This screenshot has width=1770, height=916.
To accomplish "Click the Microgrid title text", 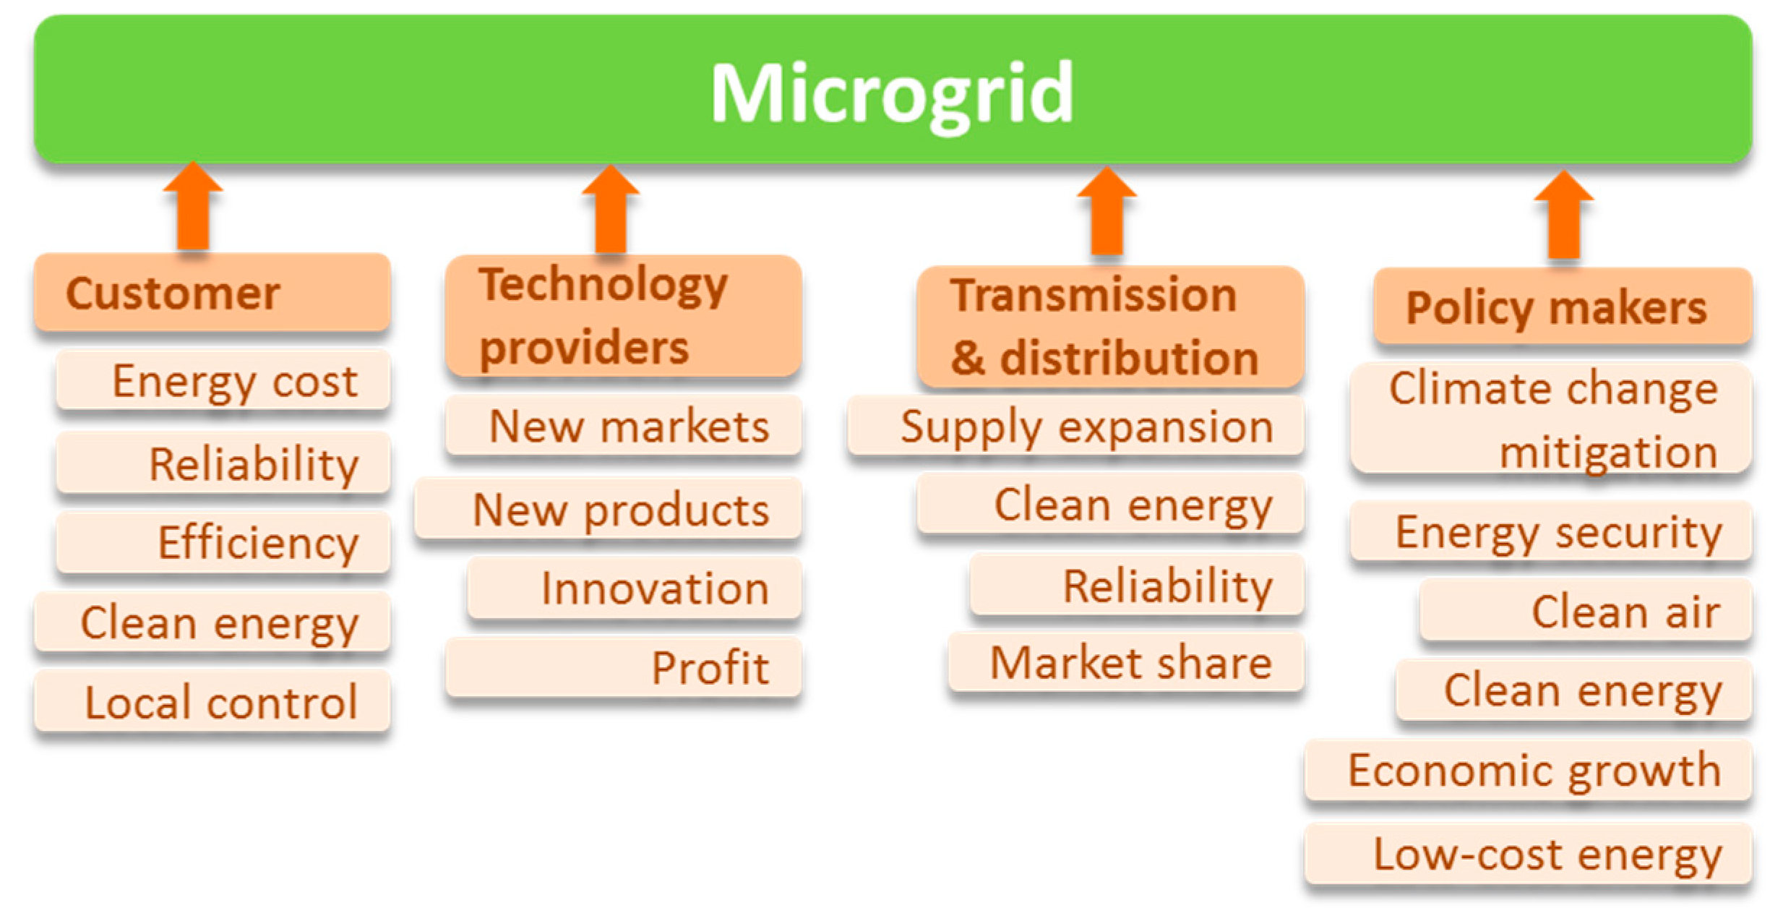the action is pos(892,94).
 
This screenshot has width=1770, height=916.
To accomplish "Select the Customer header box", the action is pos(212,292).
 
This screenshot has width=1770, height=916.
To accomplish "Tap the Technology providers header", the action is pos(624,316).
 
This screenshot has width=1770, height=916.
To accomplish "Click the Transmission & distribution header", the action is pos(1111,327).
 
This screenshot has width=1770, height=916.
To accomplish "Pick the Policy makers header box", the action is pos(1563,307).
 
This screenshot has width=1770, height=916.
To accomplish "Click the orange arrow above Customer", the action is pos(193,206).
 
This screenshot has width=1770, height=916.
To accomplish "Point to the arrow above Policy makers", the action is pos(1565,215).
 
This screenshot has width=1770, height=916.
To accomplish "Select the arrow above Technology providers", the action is pos(611,210).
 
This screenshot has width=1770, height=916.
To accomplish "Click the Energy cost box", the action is pos(223,380).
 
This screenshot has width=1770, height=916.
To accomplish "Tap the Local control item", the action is pos(212,701).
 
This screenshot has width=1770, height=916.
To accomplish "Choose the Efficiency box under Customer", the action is pos(223,542).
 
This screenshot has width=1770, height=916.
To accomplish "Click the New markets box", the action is pos(624,425).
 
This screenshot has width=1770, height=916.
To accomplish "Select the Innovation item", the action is pos(635,588).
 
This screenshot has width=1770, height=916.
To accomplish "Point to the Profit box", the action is pos(624,667).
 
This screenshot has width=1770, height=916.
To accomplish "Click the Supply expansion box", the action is pos(1076,426).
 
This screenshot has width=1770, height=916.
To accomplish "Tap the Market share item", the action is pos(1127,662).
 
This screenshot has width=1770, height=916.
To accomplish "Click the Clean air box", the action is pos(1586,611).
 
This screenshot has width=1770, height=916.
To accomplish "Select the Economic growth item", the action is pos(1529,770).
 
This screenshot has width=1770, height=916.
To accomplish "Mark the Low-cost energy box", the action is pos(1529,854).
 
